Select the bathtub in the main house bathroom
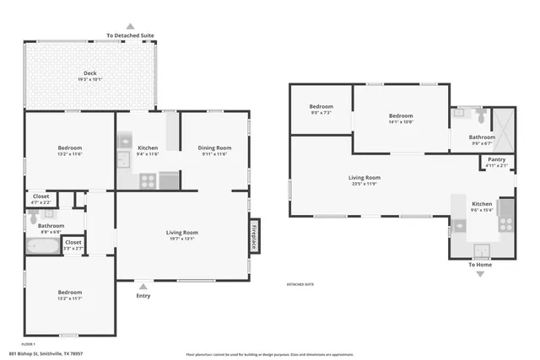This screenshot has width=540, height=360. (x=42, y=247)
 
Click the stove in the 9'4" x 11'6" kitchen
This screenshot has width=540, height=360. (x=147, y=180)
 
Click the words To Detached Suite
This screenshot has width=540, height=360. (x=130, y=35)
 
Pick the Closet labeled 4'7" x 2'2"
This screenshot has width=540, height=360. (x=40, y=199)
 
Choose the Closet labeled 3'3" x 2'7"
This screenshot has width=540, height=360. (x=73, y=244)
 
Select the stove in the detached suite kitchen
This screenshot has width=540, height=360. (x=505, y=224)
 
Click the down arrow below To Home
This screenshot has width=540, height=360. (x=480, y=274)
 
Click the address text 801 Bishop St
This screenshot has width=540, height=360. (x=46, y=354)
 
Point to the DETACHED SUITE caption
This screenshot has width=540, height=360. (x=301, y=286)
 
